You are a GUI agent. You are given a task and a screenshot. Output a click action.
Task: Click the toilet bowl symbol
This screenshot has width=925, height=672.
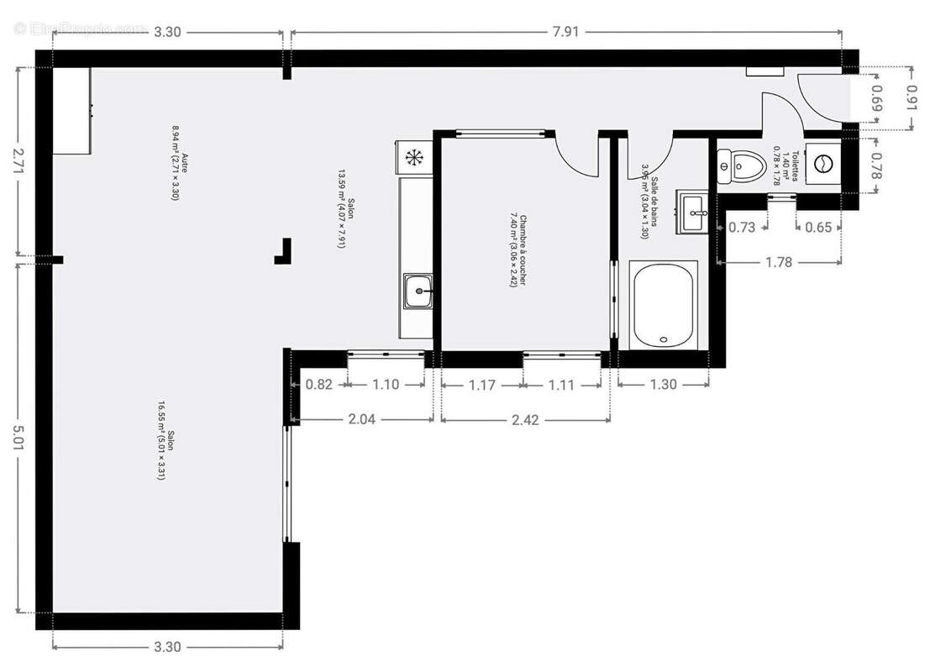[x=737, y=165]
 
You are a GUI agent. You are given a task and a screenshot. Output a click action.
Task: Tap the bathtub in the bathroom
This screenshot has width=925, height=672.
[x=664, y=304]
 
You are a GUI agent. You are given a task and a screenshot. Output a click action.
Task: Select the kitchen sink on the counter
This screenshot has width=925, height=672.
[x=418, y=292]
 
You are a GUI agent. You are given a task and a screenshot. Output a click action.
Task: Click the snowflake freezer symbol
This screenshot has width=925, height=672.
[x=413, y=156]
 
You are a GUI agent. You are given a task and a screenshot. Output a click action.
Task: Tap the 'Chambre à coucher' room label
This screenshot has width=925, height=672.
[x=517, y=251]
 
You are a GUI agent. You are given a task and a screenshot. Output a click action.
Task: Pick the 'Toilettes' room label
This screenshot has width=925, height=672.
[x=788, y=164]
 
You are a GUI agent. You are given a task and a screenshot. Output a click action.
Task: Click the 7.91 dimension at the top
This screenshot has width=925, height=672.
[x=565, y=32]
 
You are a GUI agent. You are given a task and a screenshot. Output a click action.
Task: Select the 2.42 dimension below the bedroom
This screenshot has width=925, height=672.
[x=525, y=420]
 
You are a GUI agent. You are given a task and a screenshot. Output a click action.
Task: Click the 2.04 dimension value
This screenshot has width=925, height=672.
[x=360, y=420]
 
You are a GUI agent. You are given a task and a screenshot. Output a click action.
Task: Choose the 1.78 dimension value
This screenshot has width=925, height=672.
[x=778, y=262]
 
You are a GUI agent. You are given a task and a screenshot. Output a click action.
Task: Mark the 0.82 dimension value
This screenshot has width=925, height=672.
[x=319, y=385]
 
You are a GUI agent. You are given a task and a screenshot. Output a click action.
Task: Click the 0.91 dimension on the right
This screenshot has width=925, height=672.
[x=911, y=98]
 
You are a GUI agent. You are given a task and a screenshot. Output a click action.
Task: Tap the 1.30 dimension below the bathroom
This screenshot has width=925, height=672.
[x=664, y=385]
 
